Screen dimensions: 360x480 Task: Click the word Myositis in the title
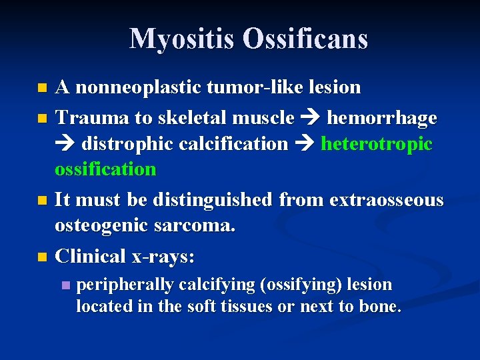pos(182,39)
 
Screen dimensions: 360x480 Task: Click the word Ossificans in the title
pos(305,39)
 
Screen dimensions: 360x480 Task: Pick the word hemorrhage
pos(381,117)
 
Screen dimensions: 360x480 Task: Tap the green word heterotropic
pos(377,143)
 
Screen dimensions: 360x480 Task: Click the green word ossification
pos(105,169)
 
